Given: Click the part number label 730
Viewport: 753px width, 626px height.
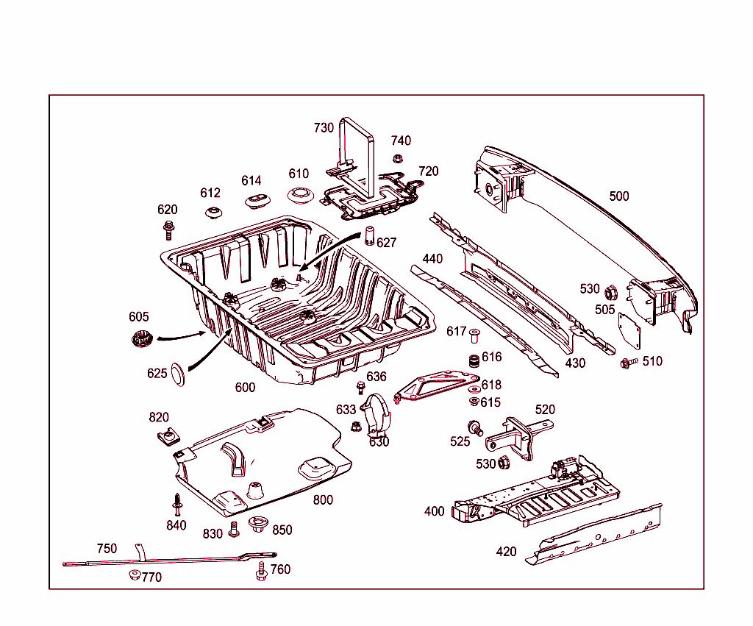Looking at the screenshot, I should tap(324, 127).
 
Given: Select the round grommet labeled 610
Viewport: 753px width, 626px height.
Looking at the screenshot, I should tap(299, 196).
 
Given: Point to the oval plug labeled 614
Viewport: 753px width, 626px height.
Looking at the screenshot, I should tap(257, 200).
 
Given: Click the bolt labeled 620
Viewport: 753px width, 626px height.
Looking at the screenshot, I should tap(168, 230).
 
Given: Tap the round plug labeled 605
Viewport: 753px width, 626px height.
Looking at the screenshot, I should tap(140, 341).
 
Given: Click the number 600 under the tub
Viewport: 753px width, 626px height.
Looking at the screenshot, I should tap(245, 388).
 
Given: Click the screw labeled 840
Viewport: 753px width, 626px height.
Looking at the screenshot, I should tap(177, 503).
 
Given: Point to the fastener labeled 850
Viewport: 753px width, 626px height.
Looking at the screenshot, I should tap(258, 524).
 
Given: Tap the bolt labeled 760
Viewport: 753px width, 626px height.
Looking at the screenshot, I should tap(261, 571).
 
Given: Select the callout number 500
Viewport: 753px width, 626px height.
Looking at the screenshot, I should tap(619, 196).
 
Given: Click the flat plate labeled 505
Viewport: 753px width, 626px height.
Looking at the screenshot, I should tap(629, 330).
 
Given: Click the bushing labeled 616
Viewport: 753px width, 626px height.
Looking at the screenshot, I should tap(475, 362).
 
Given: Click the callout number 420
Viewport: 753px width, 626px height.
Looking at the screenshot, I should tap(506, 551).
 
